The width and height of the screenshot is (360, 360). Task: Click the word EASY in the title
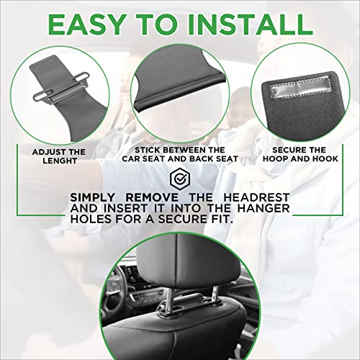tap(93, 24)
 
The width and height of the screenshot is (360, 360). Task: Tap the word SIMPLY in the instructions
tap(101, 197)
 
